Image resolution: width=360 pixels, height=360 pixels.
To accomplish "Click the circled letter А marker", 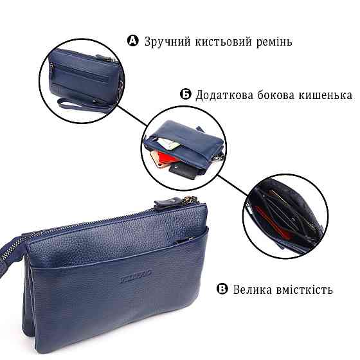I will tap(133, 42).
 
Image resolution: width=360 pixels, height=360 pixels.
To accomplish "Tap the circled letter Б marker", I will tap(185, 95).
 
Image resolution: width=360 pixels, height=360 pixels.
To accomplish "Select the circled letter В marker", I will tap(222, 289).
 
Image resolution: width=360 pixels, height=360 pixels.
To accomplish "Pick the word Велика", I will tap(255, 289).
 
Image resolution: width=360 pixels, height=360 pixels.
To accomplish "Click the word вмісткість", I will tap(305, 289).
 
